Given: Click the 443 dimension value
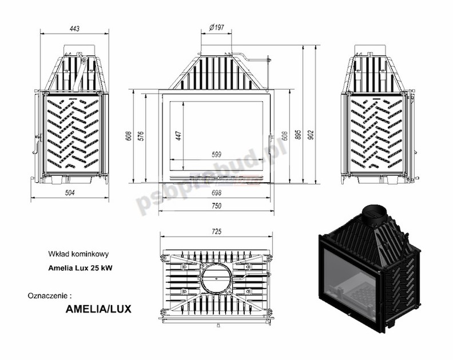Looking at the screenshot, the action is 74,29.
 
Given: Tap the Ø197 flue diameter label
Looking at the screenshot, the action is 216,27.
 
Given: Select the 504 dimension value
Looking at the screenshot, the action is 70,193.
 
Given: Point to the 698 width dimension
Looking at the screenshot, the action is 216,193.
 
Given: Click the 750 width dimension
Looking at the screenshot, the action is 216,206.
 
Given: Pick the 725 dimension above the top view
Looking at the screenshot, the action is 216,231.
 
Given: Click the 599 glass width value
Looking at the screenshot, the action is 216,154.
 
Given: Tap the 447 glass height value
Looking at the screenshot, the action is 178,135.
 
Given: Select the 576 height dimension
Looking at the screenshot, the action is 141,136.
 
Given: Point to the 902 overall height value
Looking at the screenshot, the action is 311,135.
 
